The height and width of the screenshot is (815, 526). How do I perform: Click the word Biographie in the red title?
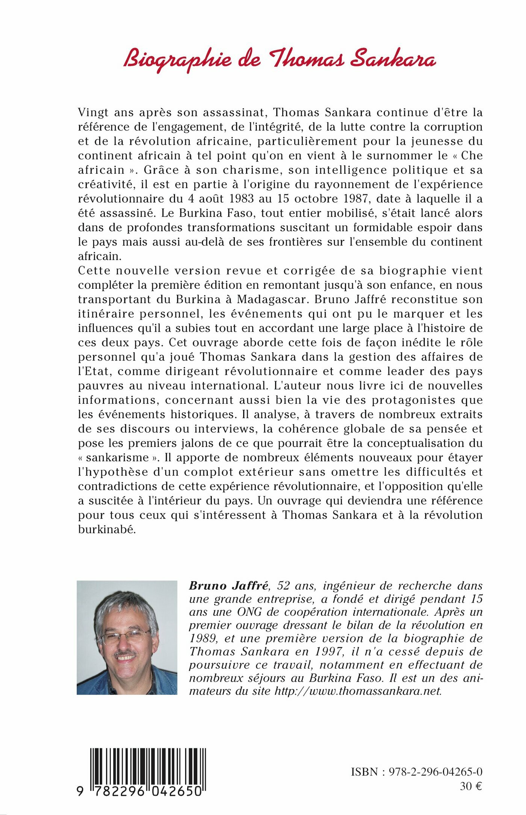[177, 60]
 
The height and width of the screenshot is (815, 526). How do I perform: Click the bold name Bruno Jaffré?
[229, 586]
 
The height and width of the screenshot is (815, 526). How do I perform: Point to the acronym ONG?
[249, 612]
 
